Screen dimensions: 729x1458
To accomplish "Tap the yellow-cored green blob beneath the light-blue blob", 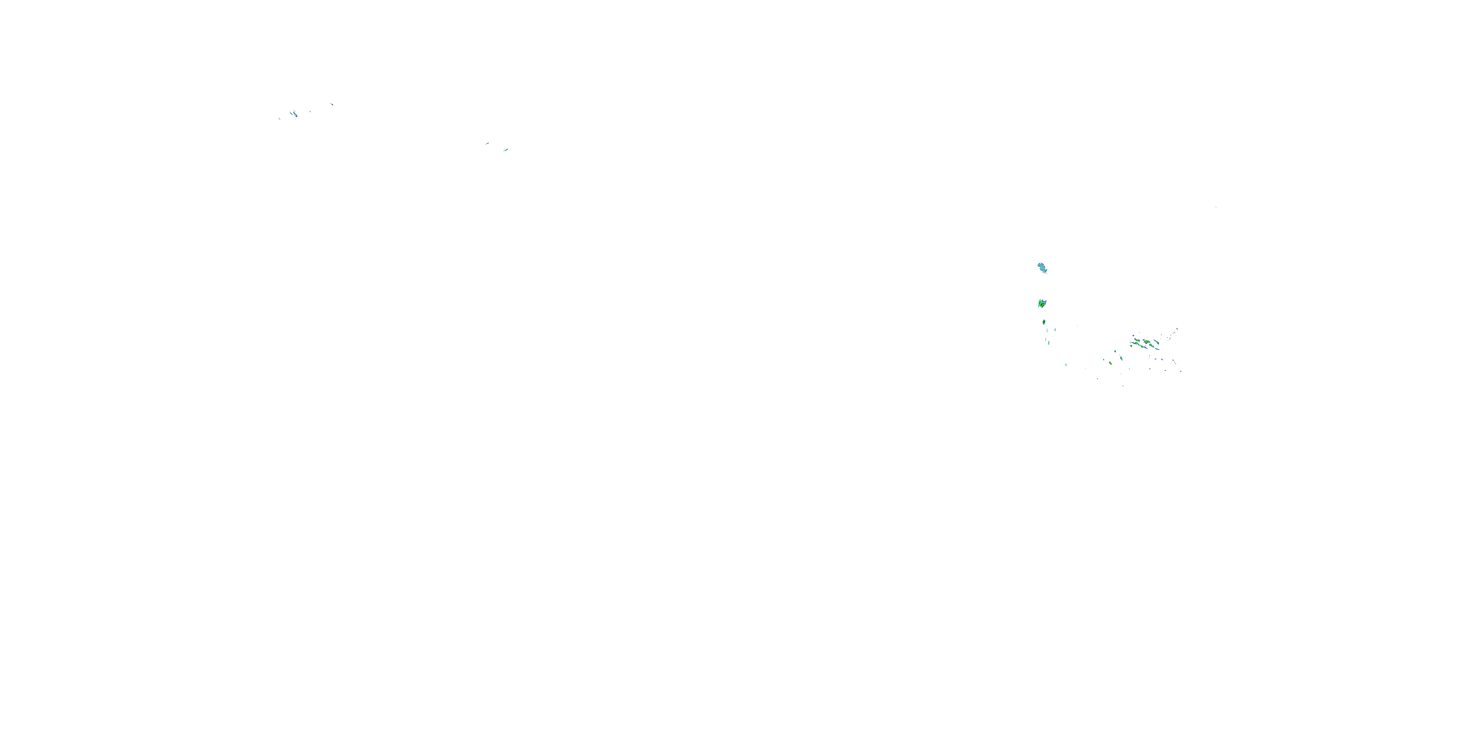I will (x=1042, y=304).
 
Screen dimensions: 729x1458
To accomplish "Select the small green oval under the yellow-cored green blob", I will (x=1044, y=322).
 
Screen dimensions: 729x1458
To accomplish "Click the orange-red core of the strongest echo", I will (x=1146, y=342).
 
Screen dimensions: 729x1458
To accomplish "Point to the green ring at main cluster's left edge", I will (x=1131, y=347).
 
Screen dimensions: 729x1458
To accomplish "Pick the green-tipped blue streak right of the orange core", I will (x=1158, y=343).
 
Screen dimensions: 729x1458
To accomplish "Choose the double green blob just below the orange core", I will (x=1152, y=347).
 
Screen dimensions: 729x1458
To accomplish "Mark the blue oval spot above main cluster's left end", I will (x=1134, y=336).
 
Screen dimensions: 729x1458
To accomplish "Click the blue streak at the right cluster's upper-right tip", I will (x=1177, y=329).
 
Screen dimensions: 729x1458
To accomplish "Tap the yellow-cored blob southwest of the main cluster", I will (x=1111, y=364).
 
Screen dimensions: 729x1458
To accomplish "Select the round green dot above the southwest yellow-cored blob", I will (x=1115, y=351).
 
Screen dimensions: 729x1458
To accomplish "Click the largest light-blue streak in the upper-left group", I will (x=295, y=115).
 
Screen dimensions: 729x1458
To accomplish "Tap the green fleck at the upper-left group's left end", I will (x=279, y=119).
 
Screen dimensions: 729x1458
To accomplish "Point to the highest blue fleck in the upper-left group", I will (x=332, y=104).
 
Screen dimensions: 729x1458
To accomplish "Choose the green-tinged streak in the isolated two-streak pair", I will (x=506, y=150).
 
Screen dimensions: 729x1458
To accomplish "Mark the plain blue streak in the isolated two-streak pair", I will (x=487, y=144).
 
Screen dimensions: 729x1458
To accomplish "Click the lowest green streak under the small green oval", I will (x=1049, y=343).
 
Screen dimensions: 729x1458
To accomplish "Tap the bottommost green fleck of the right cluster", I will (x=1123, y=386).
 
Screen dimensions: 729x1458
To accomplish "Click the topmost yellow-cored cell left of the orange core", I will (x=1139, y=341).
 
